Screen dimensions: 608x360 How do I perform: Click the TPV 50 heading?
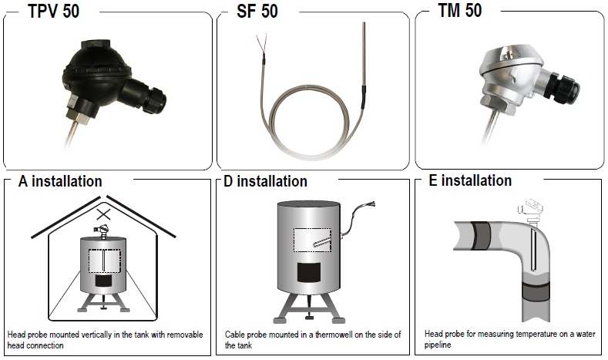[53, 11]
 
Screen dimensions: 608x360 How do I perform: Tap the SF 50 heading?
[257, 11]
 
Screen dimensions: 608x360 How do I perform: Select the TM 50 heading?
[460, 10]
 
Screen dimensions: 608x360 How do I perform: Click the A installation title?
[60, 181]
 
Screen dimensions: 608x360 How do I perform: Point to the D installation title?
[266, 181]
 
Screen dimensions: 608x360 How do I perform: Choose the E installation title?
[470, 180]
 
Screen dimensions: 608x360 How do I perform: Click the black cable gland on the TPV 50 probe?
[154, 100]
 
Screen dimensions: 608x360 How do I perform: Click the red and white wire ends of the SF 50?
[260, 43]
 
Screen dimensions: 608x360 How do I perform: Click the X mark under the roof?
[103, 214]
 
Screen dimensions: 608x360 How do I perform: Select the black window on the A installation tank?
[103, 281]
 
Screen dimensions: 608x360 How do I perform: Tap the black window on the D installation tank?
[309, 272]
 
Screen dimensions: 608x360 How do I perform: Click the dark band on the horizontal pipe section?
[481, 235]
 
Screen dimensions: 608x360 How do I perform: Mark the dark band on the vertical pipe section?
[536, 291]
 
